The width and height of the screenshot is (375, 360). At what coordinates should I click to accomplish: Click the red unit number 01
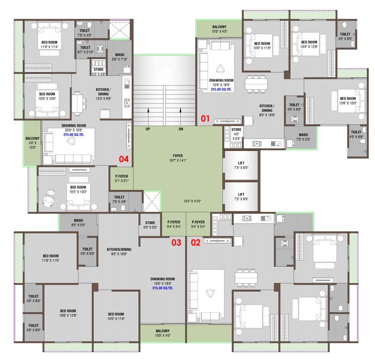coord(205,118)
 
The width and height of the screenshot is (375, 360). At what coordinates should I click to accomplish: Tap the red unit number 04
coord(123,159)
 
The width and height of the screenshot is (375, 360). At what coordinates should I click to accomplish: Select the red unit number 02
coord(195,242)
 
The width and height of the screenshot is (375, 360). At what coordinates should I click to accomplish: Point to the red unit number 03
coord(175,242)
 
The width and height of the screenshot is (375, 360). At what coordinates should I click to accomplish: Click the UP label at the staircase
coord(148,129)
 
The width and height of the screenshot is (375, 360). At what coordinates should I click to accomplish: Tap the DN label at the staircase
coord(180,129)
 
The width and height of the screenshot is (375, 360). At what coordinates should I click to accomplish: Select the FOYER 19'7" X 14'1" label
coord(178,158)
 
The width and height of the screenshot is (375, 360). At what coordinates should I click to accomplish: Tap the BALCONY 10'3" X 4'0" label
coord(219,29)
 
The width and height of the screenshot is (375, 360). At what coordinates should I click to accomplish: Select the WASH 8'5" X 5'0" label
coord(78,222)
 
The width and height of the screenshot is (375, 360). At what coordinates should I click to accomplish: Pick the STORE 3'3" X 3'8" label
coord(98,72)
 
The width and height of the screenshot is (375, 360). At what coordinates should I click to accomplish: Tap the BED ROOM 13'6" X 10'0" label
coord(348,100)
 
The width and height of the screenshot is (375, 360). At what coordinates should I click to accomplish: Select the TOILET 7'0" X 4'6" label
coord(119,200)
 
